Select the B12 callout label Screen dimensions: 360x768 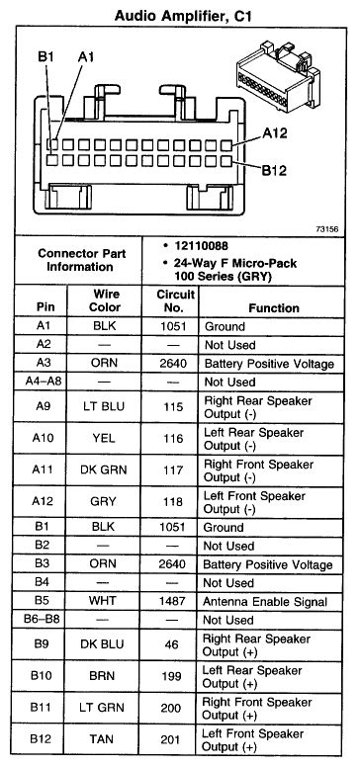[x=276, y=169]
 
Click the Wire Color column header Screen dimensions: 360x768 [x=106, y=300]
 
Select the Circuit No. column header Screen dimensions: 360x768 [x=174, y=300]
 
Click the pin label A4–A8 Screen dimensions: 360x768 [x=43, y=382]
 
